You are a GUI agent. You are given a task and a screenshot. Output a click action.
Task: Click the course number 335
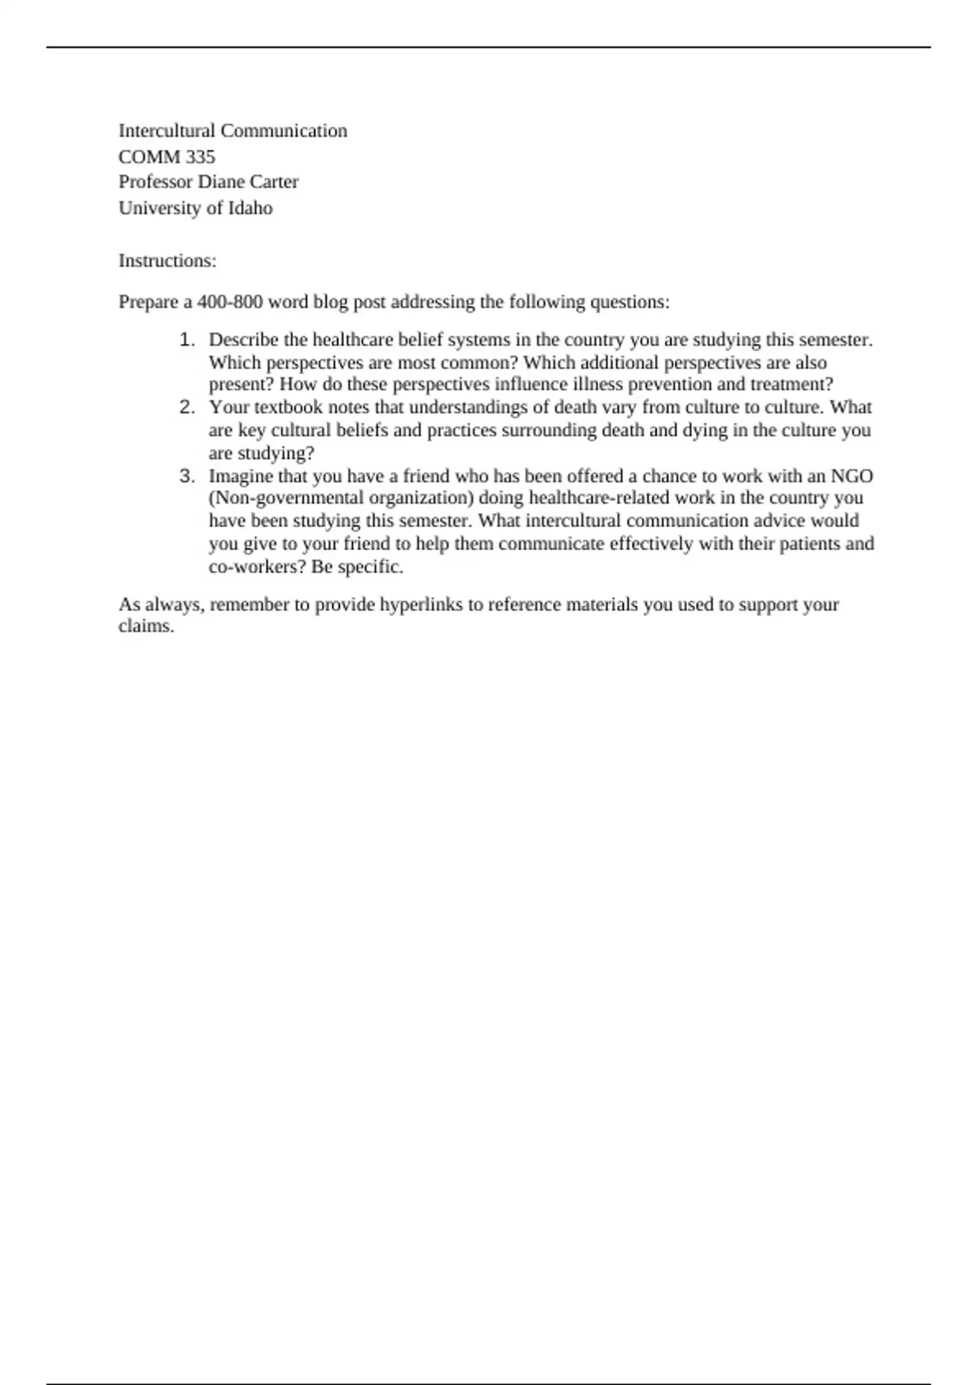coord(200,156)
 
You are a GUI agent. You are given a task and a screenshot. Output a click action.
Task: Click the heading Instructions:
coord(167,261)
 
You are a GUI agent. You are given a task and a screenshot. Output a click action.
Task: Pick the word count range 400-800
coord(230,302)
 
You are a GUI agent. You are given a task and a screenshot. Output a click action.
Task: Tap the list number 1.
coord(187,340)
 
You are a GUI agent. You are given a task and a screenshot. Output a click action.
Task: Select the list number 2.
coord(187,407)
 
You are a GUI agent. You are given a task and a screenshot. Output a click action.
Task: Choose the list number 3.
coord(187,476)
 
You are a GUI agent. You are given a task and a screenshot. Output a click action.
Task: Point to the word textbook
coord(289,407)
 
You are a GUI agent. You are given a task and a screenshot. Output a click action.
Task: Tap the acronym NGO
coord(852,476)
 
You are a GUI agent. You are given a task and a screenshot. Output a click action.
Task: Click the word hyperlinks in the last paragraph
coord(421,605)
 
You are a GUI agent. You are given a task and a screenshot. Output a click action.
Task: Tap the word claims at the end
coord(146,627)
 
